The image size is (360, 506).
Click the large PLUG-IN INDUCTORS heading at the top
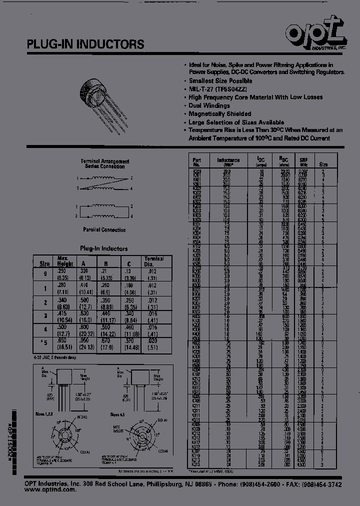tap(85, 44)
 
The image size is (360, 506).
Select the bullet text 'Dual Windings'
tap(209, 106)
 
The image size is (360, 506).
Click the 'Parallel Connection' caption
tap(105, 229)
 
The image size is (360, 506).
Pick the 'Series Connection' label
tap(105, 166)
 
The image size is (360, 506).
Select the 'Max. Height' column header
tap(65, 261)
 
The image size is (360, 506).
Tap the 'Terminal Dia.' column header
tap(154, 261)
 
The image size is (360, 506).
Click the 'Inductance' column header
tap(228, 161)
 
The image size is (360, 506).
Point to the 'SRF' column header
tap(303, 161)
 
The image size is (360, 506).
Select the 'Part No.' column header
tap(197, 161)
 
